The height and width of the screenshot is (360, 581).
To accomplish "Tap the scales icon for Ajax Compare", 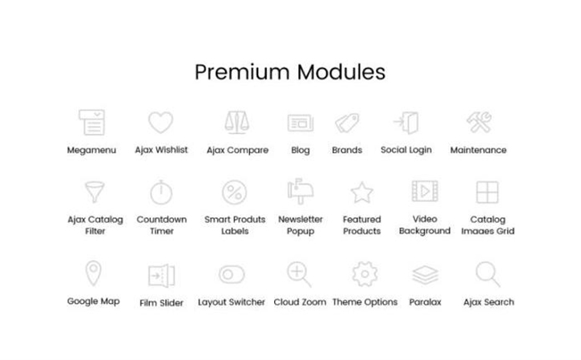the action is pyautogui.click(x=236, y=122).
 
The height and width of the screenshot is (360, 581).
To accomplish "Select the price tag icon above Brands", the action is pyautogui.click(x=347, y=123).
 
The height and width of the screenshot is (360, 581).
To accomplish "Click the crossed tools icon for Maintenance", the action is pyautogui.click(x=478, y=122).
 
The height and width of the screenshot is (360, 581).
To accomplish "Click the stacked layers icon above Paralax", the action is pyautogui.click(x=426, y=275).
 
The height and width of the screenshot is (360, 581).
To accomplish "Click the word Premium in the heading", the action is pyautogui.click(x=242, y=72).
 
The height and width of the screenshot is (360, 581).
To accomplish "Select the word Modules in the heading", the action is pyautogui.click(x=341, y=71).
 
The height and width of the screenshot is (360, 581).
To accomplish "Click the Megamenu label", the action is pyautogui.click(x=91, y=150).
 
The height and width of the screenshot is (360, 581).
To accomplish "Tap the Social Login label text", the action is pyautogui.click(x=406, y=150).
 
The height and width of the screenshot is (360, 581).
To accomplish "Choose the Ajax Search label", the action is pyautogui.click(x=488, y=302).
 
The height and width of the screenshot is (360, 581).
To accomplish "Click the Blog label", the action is pyautogui.click(x=301, y=150).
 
